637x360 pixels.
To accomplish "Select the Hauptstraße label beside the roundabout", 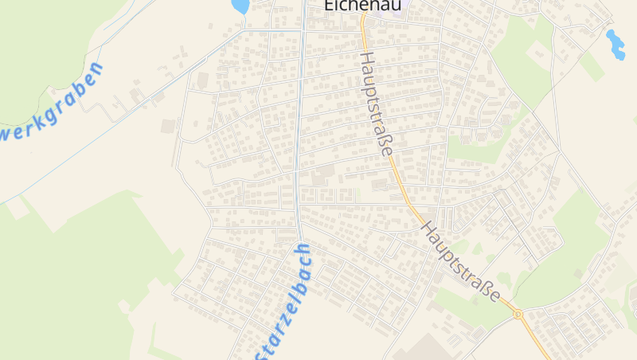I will click(461, 261).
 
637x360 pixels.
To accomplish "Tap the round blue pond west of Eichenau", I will click(240, 6).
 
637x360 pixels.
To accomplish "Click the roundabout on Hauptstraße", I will click(518, 315).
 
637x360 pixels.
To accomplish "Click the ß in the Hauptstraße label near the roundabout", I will click(488, 289).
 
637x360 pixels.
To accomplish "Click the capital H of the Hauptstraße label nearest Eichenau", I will click(365, 60).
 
